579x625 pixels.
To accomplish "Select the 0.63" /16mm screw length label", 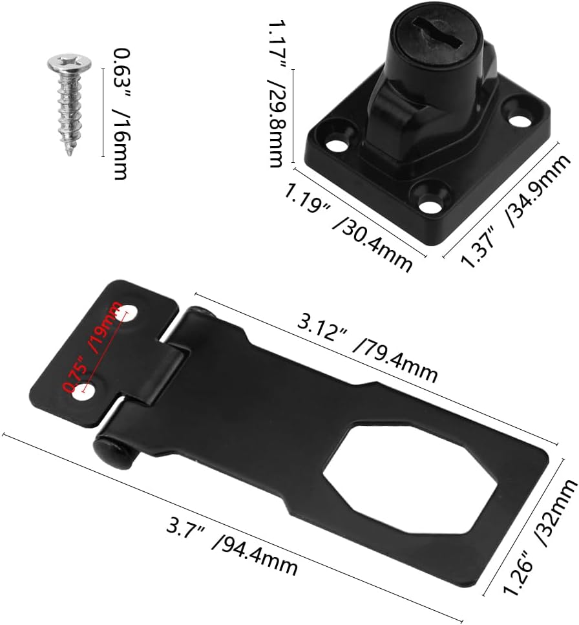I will pyautogui.click(x=120, y=114).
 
